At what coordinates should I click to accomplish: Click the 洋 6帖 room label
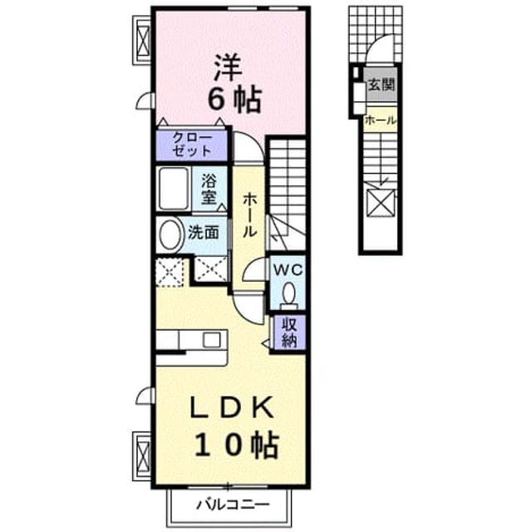tap(234, 84)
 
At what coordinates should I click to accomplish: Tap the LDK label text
tap(232, 407)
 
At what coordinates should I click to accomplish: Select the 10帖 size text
tap(236, 445)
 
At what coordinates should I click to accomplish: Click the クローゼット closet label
tap(192, 145)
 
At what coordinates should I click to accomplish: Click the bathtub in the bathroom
tap(174, 189)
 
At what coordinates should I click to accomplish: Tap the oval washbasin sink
tap(170, 234)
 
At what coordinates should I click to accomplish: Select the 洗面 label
tap(203, 233)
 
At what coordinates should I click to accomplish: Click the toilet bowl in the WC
tap(289, 293)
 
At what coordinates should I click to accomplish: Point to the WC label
tap(288, 270)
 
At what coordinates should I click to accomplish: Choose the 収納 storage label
tap(289, 332)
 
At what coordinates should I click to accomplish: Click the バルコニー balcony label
tap(234, 505)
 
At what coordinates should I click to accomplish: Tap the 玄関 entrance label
tap(382, 85)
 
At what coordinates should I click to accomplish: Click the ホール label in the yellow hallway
tap(249, 214)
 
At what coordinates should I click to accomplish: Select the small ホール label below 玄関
tap(380, 120)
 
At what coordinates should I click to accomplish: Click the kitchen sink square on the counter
tap(211, 340)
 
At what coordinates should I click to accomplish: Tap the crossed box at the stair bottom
tap(382, 203)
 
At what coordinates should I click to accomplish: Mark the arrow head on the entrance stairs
tap(382, 183)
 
